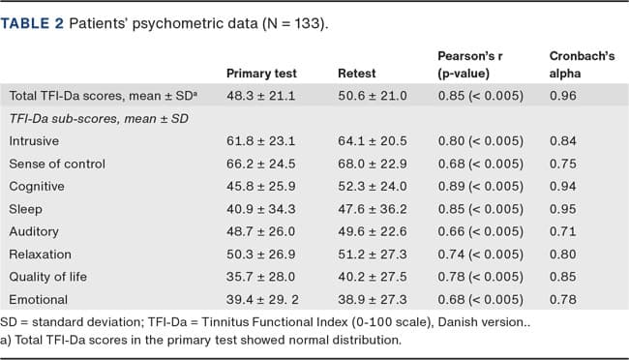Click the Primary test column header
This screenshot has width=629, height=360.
[261, 73]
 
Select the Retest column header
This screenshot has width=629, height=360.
[356, 73]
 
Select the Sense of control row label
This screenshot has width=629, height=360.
[57, 164]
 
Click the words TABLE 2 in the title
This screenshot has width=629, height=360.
[38, 22]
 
